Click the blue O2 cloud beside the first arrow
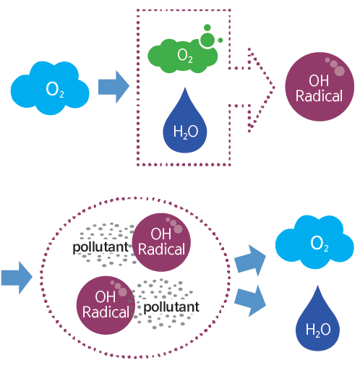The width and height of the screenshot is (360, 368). coord(50,88)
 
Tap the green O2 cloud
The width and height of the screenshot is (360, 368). coord(182,56)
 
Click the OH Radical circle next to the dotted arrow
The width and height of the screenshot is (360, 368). coord(320,87)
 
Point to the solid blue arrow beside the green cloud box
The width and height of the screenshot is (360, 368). coord(113,87)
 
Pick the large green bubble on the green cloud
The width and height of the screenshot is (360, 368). coord(207,40)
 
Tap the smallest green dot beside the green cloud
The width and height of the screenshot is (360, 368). coord(220,40)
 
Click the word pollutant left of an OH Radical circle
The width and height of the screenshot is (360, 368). coord(100,247)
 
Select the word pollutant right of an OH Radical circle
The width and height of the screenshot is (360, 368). coord(171,307)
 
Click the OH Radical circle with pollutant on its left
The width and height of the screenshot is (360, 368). coord(161,242)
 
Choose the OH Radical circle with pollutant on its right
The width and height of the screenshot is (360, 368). coord(106,305)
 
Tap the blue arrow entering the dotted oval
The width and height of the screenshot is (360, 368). coord(17,278)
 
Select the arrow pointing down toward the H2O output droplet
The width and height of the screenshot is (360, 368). coord(250,300)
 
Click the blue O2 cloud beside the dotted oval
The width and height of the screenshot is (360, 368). coord(314,242)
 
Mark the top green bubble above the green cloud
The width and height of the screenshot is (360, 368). coord(207,27)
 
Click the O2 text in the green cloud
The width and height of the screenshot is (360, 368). coord(185,56)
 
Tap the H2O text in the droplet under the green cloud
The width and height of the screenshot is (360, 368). coord(186,132)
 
